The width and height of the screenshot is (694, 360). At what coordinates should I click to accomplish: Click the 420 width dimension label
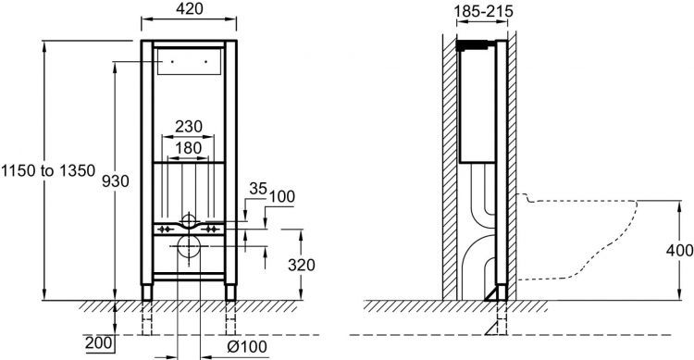[x=190, y=8]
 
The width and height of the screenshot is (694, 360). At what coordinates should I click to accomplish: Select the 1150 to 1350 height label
[x=48, y=170]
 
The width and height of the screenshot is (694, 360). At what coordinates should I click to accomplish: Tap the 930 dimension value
[x=116, y=180]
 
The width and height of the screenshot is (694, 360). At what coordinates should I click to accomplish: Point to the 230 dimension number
[x=189, y=126]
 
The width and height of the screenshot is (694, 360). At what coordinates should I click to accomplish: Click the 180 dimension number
[x=189, y=148]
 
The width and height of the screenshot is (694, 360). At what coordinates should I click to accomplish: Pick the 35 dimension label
[x=258, y=189]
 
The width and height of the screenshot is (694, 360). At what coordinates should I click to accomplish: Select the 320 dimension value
[x=302, y=265]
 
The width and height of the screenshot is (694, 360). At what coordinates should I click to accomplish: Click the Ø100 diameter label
[x=247, y=347]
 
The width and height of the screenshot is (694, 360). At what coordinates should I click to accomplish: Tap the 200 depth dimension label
[x=99, y=342]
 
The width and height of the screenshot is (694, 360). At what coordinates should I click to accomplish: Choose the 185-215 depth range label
[x=484, y=11]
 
